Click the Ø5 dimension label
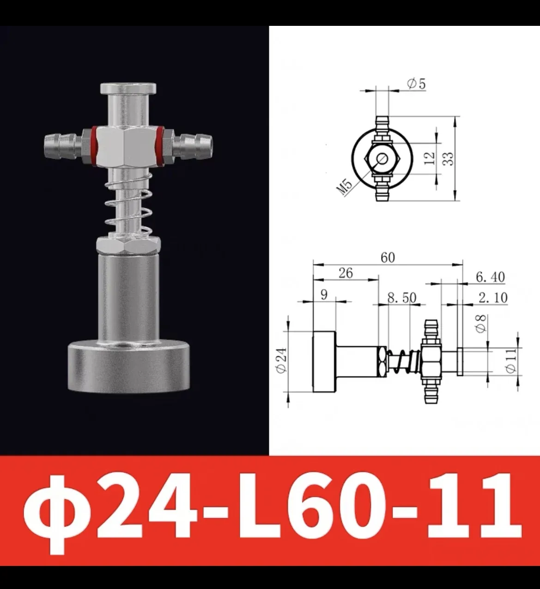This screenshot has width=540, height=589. click(416, 84)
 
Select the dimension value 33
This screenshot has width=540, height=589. click(449, 158)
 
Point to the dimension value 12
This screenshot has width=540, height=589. click(430, 158)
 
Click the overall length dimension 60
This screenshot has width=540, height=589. click(388, 257)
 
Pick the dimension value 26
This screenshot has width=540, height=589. click(345, 273)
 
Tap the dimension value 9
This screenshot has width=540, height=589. click(324, 294)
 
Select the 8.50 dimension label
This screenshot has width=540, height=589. click(401, 298)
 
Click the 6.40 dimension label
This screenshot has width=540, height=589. click(490, 277)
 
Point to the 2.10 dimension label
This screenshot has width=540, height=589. click(492, 298)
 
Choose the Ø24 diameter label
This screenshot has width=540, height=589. click(282, 361)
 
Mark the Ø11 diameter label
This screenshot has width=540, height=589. click(510, 361)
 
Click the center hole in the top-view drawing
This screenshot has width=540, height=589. click(382, 158)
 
